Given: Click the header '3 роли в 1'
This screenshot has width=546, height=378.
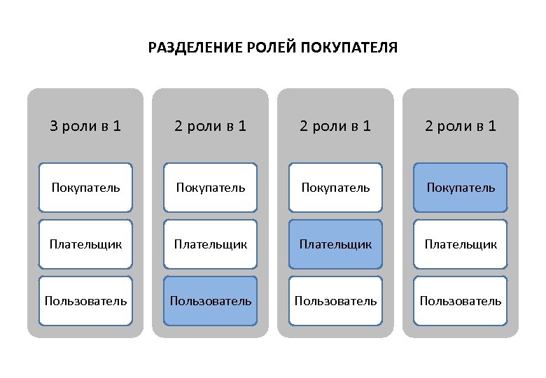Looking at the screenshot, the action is pyautogui.click(x=85, y=126).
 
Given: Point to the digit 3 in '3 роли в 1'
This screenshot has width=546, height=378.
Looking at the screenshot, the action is pyautogui.click(x=54, y=126).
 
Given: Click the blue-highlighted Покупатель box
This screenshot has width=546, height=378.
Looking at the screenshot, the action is pyautogui.click(x=460, y=188).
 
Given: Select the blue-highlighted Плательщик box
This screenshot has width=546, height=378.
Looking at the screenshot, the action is pyautogui.click(x=335, y=244).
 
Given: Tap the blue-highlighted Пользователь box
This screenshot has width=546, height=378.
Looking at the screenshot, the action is pyautogui.click(x=210, y=301).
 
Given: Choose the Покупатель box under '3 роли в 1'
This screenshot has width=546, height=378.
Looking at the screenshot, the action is pyautogui.click(x=85, y=188).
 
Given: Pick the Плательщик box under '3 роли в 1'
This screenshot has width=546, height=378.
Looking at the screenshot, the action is pyautogui.click(x=85, y=244).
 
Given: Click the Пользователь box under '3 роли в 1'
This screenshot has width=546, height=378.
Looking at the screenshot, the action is pyautogui.click(x=85, y=301).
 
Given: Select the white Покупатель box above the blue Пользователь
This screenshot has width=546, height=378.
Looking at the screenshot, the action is pyautogui.click(x=210, y=188).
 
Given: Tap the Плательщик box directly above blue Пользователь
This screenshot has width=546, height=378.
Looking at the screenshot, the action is pyautogui.click(x=210, y=244).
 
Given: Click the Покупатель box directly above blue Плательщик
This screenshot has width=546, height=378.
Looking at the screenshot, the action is pyautogui.click(x=335, y=188).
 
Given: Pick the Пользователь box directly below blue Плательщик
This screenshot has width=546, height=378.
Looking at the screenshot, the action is pyautogui.click(x=335, y=301).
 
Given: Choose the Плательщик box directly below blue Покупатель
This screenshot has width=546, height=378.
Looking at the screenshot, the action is pyautogui.click(x=460, y=244).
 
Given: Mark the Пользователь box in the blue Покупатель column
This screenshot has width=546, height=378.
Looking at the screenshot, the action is pyautogui.click(x=460, y=301).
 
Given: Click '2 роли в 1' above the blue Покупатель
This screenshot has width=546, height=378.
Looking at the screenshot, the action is pyautogui.click(x=460, y=126).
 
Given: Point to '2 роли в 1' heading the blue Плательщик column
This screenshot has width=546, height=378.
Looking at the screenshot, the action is pyautogui.click(x=335, y=126).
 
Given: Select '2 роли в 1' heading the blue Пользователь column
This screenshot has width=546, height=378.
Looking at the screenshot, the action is pyautogui.click(x=210, y=126).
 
